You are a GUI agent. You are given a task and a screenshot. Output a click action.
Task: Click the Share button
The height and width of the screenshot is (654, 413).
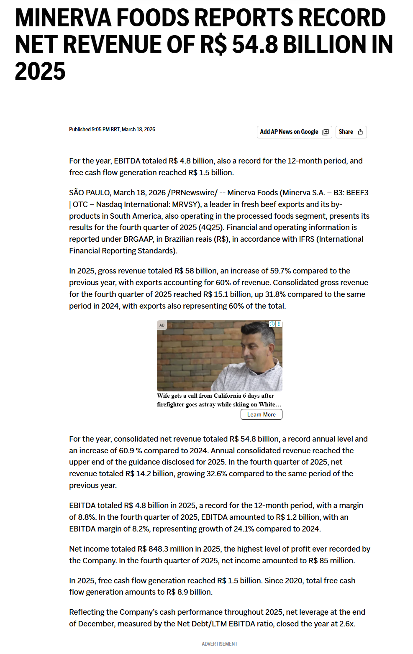351,132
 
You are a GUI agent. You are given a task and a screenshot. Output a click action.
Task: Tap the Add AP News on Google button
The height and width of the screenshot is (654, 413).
294,132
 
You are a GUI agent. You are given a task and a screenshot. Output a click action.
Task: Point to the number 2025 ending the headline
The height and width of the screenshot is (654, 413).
40,72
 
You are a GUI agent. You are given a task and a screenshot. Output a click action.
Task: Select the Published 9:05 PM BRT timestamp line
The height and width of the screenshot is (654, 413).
112,130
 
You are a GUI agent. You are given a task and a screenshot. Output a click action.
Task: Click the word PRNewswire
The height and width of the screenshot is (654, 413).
194,193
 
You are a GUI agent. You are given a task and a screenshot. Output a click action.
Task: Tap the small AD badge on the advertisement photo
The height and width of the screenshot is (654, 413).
162,325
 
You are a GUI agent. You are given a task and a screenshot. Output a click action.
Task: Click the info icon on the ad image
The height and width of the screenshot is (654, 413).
272,324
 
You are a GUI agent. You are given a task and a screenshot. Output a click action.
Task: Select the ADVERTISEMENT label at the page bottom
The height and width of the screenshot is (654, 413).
219,644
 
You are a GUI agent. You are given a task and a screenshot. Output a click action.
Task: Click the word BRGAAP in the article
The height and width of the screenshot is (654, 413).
128,239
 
